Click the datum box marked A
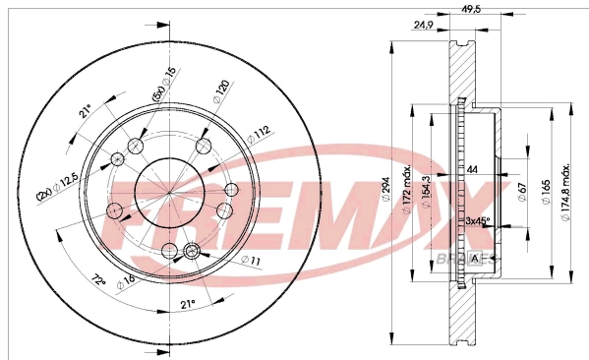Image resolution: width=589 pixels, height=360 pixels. tap(477, 259)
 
